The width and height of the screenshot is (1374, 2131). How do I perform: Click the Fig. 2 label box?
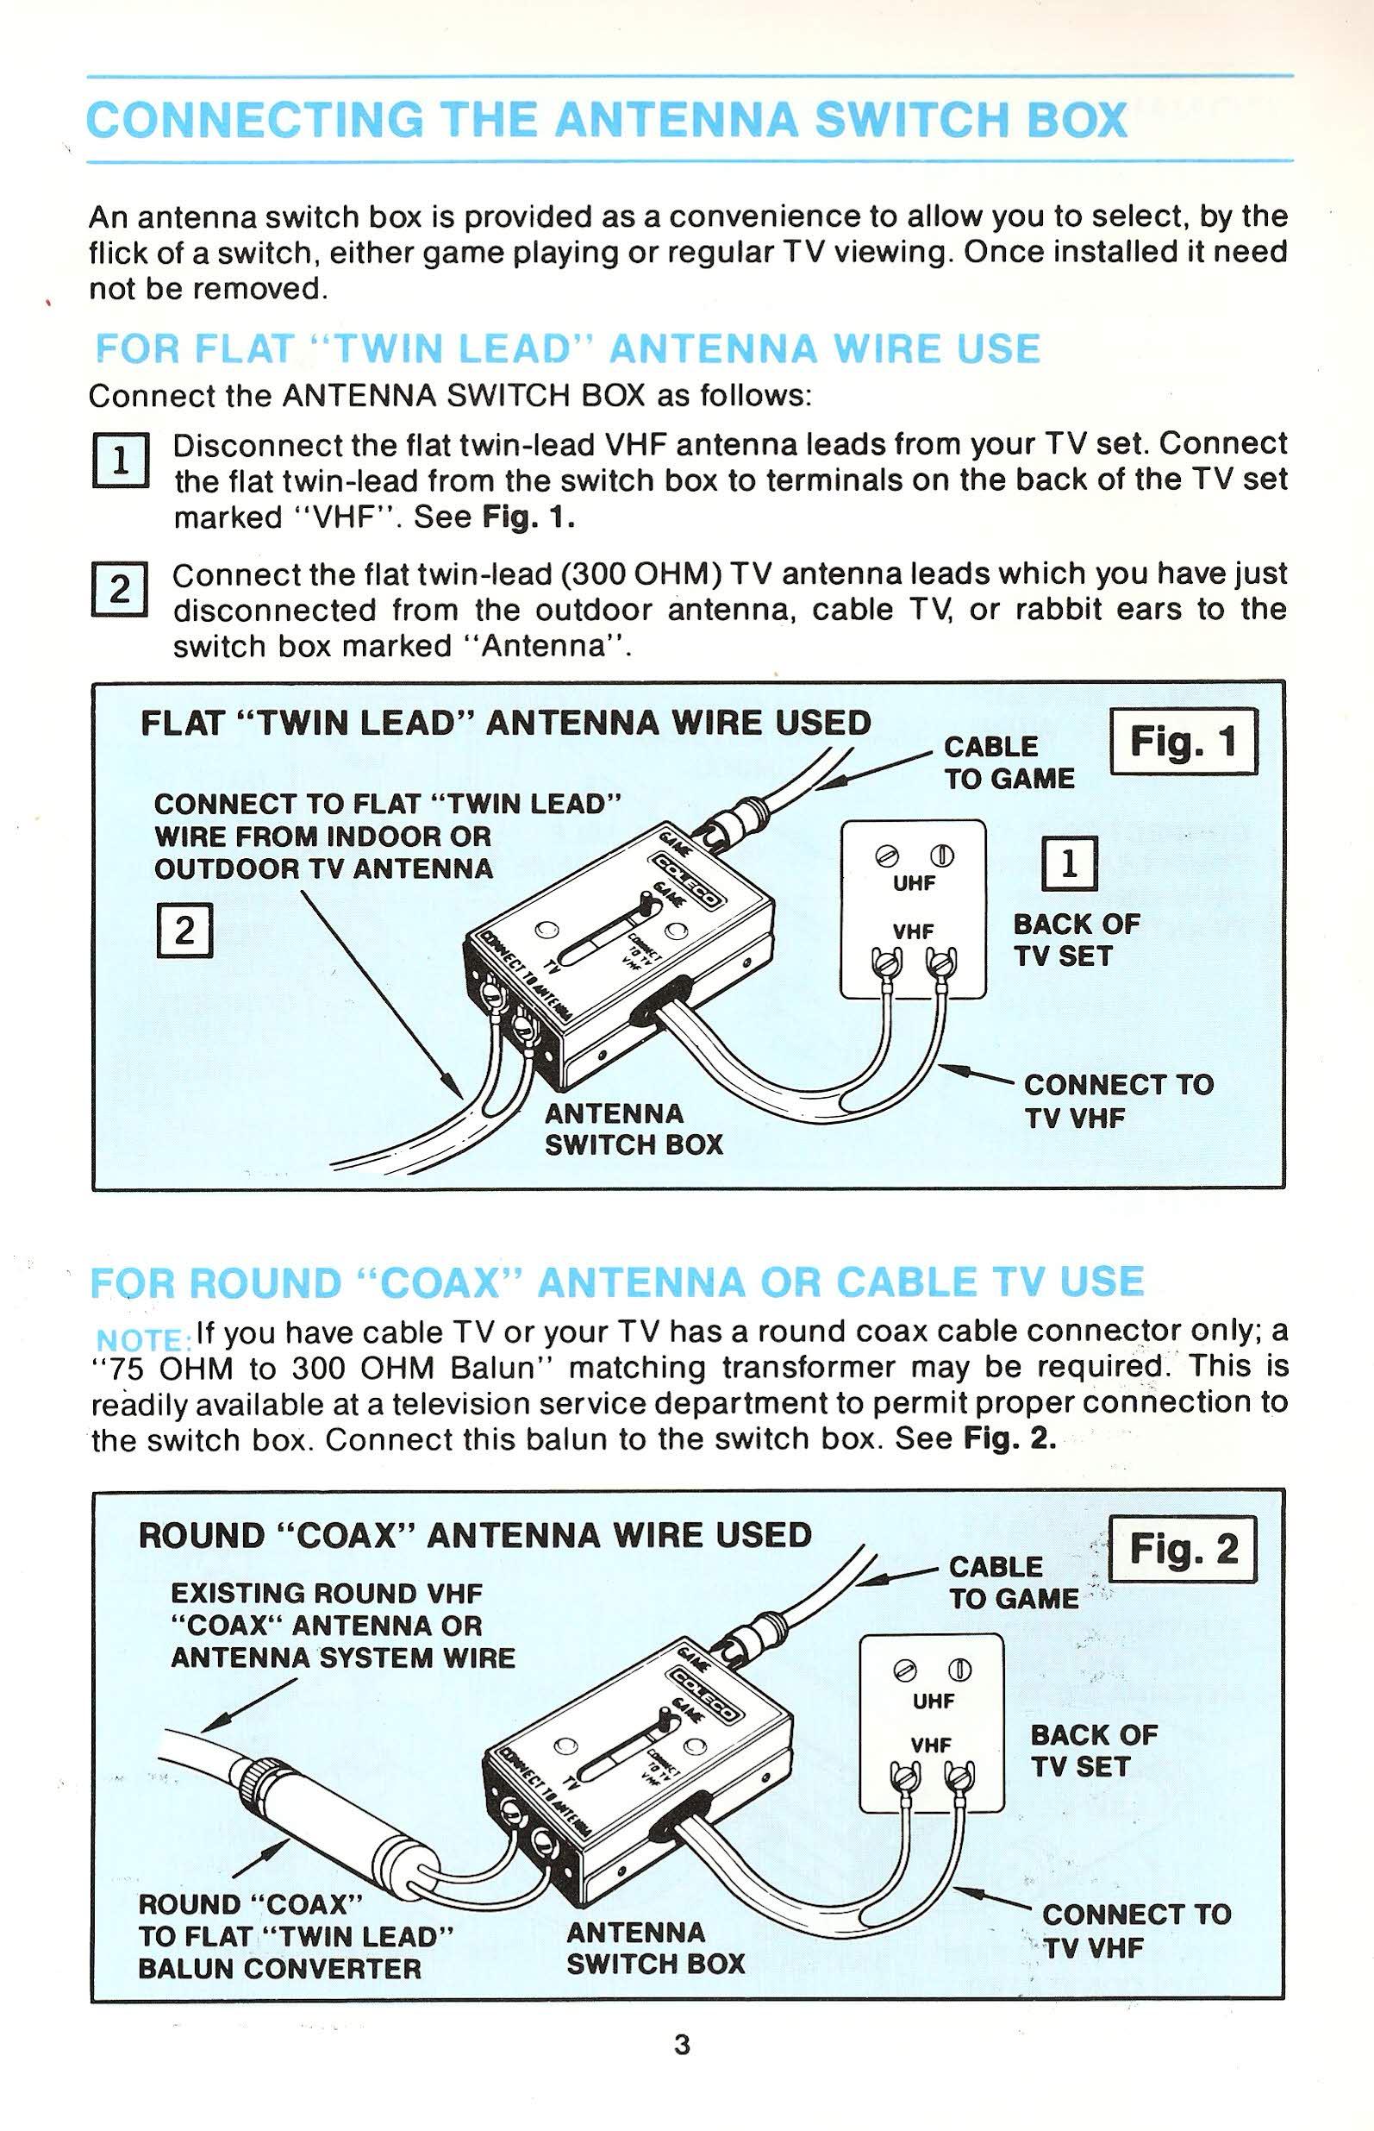pos(1182,1549)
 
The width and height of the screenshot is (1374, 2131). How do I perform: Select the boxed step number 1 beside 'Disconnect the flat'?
pos(120,461)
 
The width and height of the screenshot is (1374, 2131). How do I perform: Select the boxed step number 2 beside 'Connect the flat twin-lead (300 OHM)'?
pos(120,589)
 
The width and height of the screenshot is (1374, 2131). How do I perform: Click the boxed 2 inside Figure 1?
pos(184,931)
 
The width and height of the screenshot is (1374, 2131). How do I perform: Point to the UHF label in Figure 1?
pos(914,883)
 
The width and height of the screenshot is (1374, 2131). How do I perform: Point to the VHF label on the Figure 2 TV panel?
pos(931,1744)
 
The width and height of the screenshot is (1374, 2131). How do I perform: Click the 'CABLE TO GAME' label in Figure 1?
pos(1009,762)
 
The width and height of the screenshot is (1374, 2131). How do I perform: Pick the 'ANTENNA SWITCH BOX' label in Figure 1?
pos(633,1129)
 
